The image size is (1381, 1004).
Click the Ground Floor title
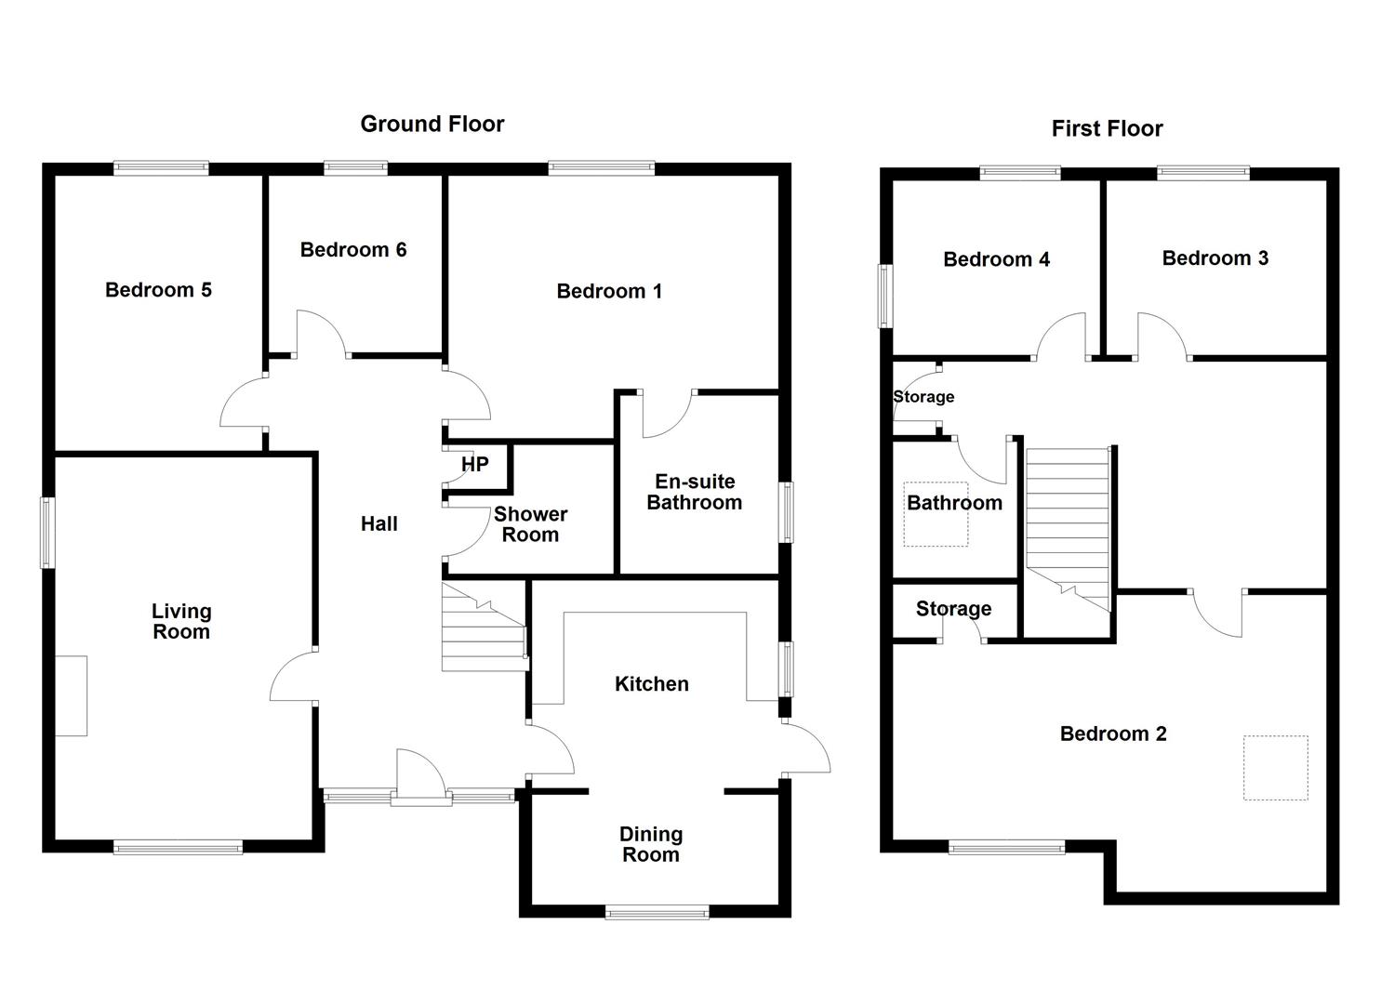tap(432, 125)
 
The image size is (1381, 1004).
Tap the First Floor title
tap(1108, 129)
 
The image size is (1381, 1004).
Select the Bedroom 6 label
tap(353, 250)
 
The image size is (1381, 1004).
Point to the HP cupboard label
tap(474, 464)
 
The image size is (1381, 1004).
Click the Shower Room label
tap(531, 524)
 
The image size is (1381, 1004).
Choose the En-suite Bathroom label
tap(695, 492)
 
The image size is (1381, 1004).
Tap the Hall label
tap(379, 524)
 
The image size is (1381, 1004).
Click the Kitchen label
tap(652, 684)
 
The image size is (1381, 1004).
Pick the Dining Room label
tap(651, 844)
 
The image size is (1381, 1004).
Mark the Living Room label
tap(181, 621)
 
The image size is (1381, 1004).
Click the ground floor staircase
tap(485, 627)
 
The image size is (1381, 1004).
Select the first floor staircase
tap(1069, 529)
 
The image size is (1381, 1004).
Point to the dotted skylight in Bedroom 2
tap(1276, 768)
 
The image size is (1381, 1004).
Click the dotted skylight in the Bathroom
tap(936, 514)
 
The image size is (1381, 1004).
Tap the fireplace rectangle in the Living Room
tap(72, 696)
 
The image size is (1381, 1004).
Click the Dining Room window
tap(657, 912)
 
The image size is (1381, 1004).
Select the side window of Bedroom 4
tap(886, 296)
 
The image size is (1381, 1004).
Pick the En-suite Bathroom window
tap(786, 512)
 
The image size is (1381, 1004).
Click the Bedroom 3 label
tap(1215, 258)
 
